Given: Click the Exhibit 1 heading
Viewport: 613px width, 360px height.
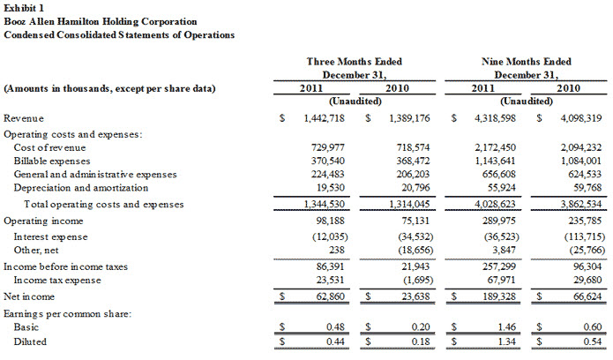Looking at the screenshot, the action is tap(24, 8).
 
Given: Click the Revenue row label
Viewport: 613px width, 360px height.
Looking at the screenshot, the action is tap(24, 118).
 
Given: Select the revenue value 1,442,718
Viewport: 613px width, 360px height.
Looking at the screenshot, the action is tap(324, 118).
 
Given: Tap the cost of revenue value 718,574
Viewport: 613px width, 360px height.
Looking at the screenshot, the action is tap(413, 147).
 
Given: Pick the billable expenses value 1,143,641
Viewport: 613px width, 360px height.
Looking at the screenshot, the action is tap(495, 161).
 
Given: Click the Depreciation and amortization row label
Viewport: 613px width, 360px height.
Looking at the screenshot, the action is tap(81, 188).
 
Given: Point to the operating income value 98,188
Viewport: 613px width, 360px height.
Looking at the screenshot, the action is tap(331, 221).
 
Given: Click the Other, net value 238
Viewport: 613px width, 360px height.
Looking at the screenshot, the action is tap(337, 250).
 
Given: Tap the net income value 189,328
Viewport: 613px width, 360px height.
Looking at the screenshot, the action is tap(499, 296).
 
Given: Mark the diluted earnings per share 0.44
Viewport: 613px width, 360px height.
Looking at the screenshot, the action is tap(335, 341).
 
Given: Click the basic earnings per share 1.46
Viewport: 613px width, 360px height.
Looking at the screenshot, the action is tap(506, 327).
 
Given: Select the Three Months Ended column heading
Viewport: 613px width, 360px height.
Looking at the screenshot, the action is tap(355, 62).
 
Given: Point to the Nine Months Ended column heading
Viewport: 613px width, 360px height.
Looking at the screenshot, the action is tap(527, 62).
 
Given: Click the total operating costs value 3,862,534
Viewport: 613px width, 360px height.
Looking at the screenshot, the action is tap(581, 204).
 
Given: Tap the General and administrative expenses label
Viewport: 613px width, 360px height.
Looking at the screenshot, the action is tap(95, 175).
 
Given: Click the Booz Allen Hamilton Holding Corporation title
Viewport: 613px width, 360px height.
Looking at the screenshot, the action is tap(101, 21).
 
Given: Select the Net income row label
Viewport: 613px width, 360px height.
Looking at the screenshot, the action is tap(29, 296).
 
